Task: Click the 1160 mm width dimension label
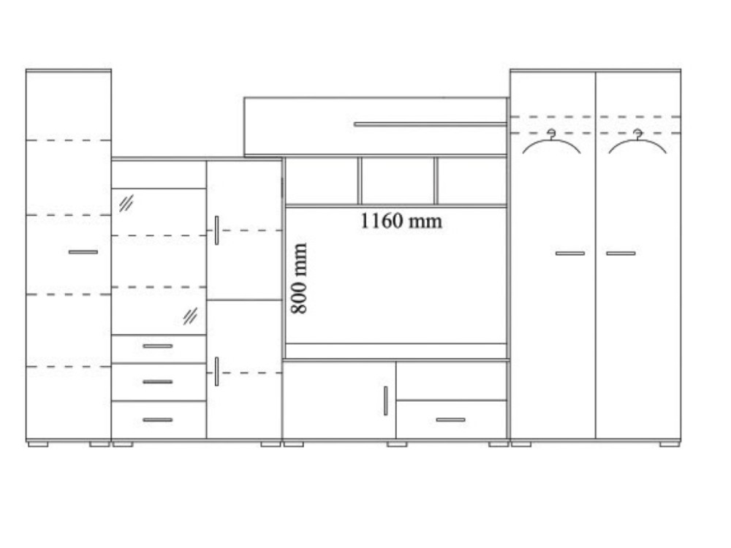click(401, 221)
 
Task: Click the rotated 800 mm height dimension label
click(299, 278)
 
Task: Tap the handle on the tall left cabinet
click(83, 252)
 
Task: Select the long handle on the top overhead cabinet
click(431, 124)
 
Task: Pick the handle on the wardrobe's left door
click(569, 254)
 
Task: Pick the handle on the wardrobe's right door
click(621, 254)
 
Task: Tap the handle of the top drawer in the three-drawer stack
click(158, 346)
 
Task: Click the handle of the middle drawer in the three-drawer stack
click(158, 382)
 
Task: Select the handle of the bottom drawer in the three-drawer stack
click(158, 420)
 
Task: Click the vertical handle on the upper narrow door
click(216, 230)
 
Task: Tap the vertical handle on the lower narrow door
click(216, 371)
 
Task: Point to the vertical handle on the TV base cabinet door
click(385, 400)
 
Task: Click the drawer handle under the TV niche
click(450, 420)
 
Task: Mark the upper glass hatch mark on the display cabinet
click(126, 203)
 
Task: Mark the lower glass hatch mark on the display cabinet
click(190, 316)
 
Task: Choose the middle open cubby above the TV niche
click(398, 180)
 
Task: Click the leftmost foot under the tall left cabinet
click(38, 444)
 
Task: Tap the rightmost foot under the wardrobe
click(670, 444)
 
